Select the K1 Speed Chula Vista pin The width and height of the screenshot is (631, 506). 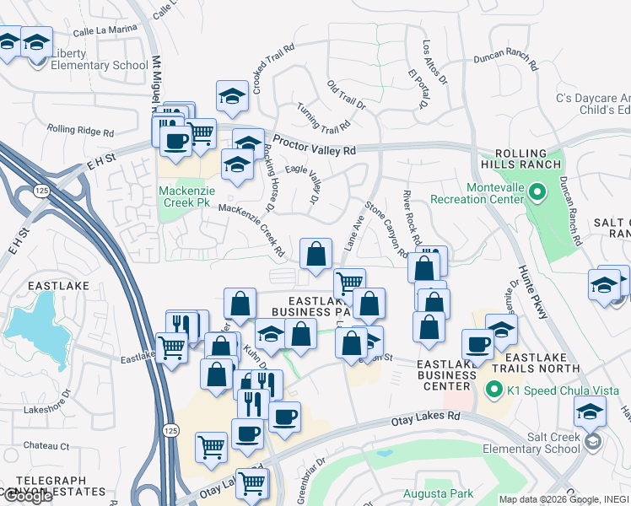coord(493,390)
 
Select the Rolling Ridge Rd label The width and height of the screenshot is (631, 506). coord(80,131)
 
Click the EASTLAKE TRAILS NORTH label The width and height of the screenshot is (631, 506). coord(530,363)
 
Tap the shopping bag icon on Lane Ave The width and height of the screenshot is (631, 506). coord(315,253)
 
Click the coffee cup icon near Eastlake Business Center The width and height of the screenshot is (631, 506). coord(477,344)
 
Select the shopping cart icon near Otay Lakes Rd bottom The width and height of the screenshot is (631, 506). coord(252,484)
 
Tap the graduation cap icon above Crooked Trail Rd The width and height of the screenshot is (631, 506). coord(232,96)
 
